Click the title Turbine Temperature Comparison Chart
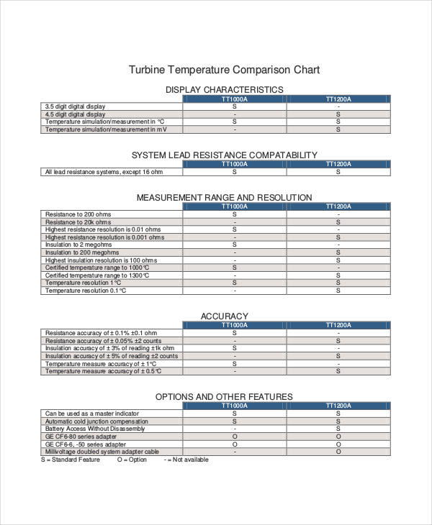224,70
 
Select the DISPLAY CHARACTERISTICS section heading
224,89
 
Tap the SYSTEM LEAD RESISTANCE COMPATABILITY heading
224,155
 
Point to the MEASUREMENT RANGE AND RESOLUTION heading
224,197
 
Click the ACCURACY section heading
224,316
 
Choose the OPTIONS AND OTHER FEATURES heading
224,396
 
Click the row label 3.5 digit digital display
75,106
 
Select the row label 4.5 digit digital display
75,114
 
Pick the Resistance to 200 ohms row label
78,214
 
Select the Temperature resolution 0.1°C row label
86,291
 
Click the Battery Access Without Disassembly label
95,429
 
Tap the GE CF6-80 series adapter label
81,437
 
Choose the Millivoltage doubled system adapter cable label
102,452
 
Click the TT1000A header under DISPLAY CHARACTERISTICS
234,99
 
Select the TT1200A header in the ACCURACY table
338,325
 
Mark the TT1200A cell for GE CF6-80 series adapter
338,437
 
